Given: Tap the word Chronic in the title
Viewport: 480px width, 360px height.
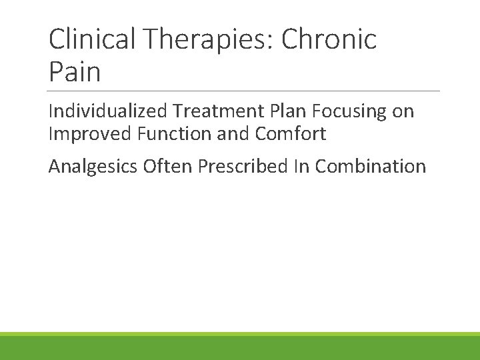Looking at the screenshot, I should click(x=329, y=39).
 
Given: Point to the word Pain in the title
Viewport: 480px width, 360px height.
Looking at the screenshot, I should click(x=75, y=71).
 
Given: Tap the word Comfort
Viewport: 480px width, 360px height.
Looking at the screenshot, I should click(x=291, y=134).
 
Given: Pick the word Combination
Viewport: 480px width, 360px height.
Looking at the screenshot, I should click(x=370, y=165).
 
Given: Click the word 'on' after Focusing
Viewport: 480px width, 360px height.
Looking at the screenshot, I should click(x=403, y=111).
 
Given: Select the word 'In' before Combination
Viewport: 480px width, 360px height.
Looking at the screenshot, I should click(x=301, y=165).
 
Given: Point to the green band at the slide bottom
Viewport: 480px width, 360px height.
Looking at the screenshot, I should click(x=240, y=347).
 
